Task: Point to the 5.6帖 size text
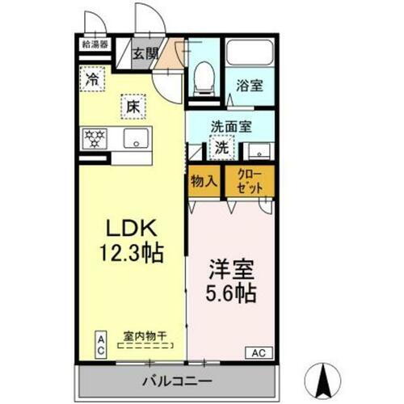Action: click(x=229, y=292)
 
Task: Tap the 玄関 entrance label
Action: click(x=146, y=55)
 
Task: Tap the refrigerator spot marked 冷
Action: click(x=94, y=79)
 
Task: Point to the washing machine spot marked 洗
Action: click(x=220, y=149)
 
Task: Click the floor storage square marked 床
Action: click(x=132, y=105)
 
